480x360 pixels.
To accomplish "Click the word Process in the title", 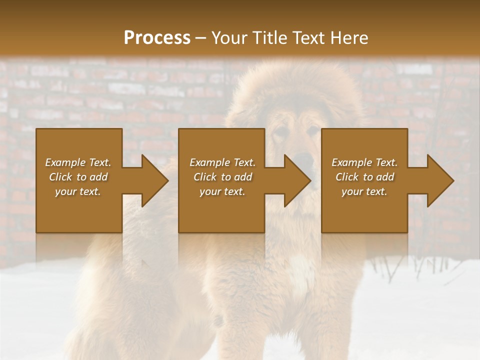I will pos(157,38).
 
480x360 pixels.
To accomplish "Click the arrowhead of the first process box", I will pos(153,181).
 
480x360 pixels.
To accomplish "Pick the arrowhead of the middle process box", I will pos(295,181).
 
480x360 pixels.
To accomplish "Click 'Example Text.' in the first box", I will pos(78,162).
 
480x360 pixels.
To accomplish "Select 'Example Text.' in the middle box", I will pos(222,162).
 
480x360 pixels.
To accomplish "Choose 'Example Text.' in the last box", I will pos(364,162).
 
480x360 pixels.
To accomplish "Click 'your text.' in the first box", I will pos(78,191).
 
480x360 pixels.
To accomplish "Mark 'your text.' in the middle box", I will pos(222,191).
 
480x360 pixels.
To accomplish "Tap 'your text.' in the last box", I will pos(364,191).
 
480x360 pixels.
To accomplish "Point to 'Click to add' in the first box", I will pos(78,177).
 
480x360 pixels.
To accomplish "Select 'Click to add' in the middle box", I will pos(222,177).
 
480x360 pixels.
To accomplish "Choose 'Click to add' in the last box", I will pos(364,177).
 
